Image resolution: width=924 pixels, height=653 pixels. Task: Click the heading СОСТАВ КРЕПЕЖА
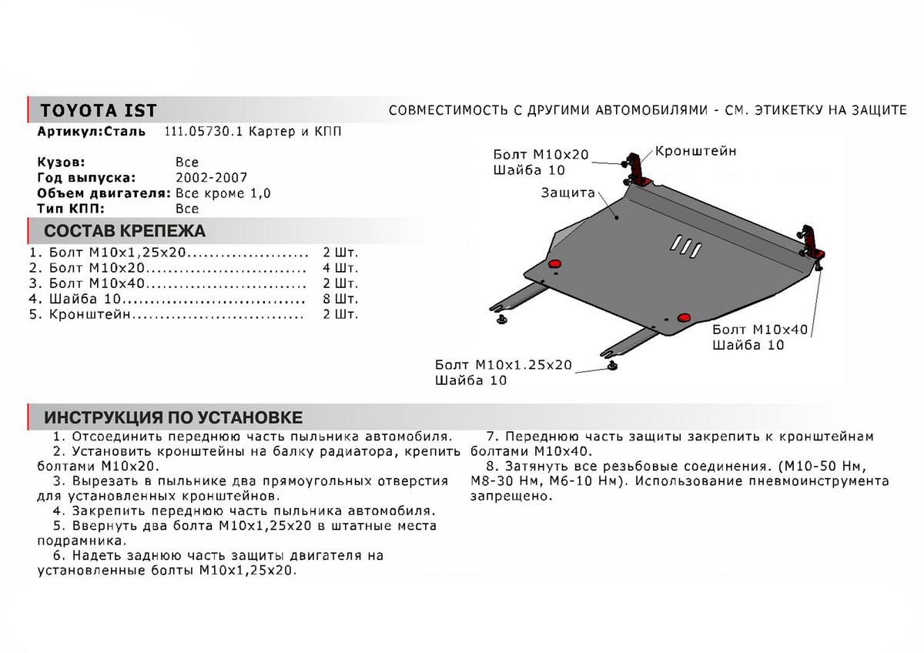(124, 231)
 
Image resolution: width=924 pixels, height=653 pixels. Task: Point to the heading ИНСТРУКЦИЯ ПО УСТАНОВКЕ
(173, 417)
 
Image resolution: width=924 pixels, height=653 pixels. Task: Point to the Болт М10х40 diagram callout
(759, 330)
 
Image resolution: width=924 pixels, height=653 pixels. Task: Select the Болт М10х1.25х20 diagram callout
(503, 365)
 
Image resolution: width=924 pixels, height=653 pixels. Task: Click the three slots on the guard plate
(684, 246)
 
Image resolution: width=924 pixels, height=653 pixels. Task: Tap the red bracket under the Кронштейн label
(638, 169)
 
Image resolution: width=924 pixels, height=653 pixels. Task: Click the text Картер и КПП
(293, 132)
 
